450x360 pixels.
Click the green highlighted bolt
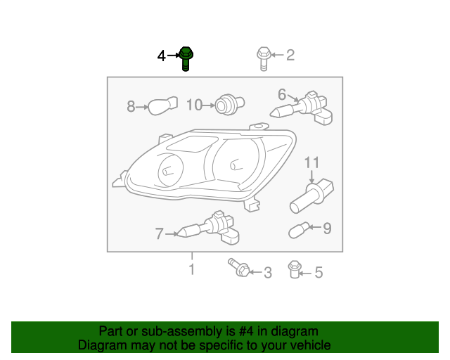186,58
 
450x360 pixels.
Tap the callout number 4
162,56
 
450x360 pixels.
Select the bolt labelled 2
264,58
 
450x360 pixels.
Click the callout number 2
290,55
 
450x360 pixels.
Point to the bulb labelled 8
162,105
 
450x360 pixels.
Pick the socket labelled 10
229,104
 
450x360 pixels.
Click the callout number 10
195,105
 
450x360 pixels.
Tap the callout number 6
282,94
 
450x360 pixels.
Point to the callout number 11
311,162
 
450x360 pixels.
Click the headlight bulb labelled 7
209,229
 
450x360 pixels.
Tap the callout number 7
160,233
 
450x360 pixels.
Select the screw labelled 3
239,268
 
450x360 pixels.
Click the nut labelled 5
294,269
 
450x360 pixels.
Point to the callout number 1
192,269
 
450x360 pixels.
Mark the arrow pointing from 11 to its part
311,176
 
